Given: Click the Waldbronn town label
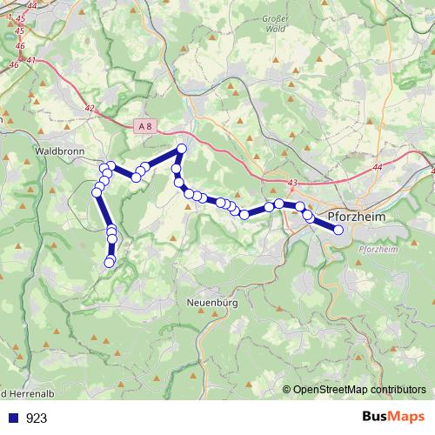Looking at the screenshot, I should tap(57, 150).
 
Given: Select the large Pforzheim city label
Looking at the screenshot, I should tap(361, 216).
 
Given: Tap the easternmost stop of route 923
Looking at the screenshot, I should tap(338, 230).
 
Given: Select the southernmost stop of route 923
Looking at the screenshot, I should tap(110, 262).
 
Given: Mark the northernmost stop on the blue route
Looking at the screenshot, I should tap(182, 148).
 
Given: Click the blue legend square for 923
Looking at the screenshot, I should tap(12, 418).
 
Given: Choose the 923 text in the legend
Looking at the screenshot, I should tap(37, 418).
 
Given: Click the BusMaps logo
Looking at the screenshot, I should tap(393, 417).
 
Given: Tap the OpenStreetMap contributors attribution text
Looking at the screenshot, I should tap(359, 390).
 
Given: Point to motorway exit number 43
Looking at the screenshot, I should tap(291, 182).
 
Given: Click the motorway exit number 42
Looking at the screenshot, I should tap(90, 107).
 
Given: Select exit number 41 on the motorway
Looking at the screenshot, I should tap(31, 60).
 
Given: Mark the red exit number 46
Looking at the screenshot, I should tap(14, 64).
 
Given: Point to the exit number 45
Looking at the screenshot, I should tap(19, 30).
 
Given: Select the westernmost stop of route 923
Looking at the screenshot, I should tap(96, 192).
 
